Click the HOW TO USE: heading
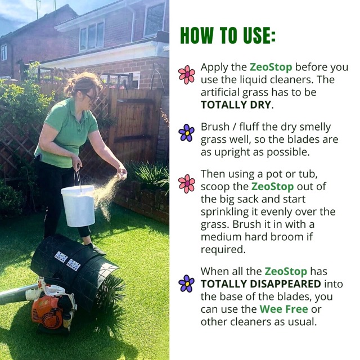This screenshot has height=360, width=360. [x=227, y=35]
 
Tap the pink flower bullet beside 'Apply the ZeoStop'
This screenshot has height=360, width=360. [x=186, y=75]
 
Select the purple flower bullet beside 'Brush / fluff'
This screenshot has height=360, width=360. [x=186, y=133]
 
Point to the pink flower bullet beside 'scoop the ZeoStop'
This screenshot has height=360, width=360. [x=186, y=184]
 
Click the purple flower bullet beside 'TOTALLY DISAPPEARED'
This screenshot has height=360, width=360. [x=186, y=283]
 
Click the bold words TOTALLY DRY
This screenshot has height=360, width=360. [x=236, y=105]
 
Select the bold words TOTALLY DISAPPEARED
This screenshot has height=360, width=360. [x=261, y=284]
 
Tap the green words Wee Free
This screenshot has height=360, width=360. [x=283, y=309]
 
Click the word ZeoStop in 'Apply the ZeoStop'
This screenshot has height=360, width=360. [x=271, y=67]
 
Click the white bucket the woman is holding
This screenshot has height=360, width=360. [x=78, y=206]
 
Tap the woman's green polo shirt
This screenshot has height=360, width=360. [x=66, y=133]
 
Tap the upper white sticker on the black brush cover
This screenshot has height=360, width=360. [x=61, y=257]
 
